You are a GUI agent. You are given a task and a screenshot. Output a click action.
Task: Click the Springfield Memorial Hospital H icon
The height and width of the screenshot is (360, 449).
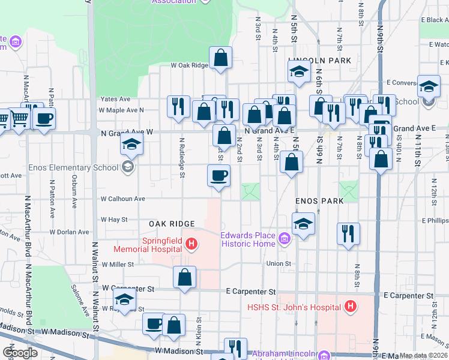pos(191,244)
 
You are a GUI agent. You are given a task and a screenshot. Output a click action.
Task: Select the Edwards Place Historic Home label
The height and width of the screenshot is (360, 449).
pos(248,239)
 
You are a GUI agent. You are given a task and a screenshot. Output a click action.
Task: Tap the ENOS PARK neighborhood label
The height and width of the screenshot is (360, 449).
pos(319,201)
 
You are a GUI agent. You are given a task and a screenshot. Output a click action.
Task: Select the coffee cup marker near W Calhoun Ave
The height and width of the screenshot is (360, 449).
pos(218,176)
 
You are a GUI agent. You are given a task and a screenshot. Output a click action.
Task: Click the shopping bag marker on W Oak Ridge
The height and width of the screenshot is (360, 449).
pos(221,58)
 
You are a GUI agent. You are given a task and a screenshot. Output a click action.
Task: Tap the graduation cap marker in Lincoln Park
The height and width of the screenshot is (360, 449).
pos(298,73)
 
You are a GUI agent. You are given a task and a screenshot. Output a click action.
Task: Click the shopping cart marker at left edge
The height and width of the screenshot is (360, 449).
pos(20,118)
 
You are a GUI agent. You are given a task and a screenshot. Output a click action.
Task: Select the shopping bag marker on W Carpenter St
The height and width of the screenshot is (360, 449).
pos(184,277)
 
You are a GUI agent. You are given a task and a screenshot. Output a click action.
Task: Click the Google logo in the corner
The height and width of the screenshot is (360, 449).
pos(20,353)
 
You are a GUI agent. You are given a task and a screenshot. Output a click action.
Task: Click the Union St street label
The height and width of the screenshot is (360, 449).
pos(279,263)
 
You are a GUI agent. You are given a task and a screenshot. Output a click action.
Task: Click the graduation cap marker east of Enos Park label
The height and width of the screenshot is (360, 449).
pos(304,224)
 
